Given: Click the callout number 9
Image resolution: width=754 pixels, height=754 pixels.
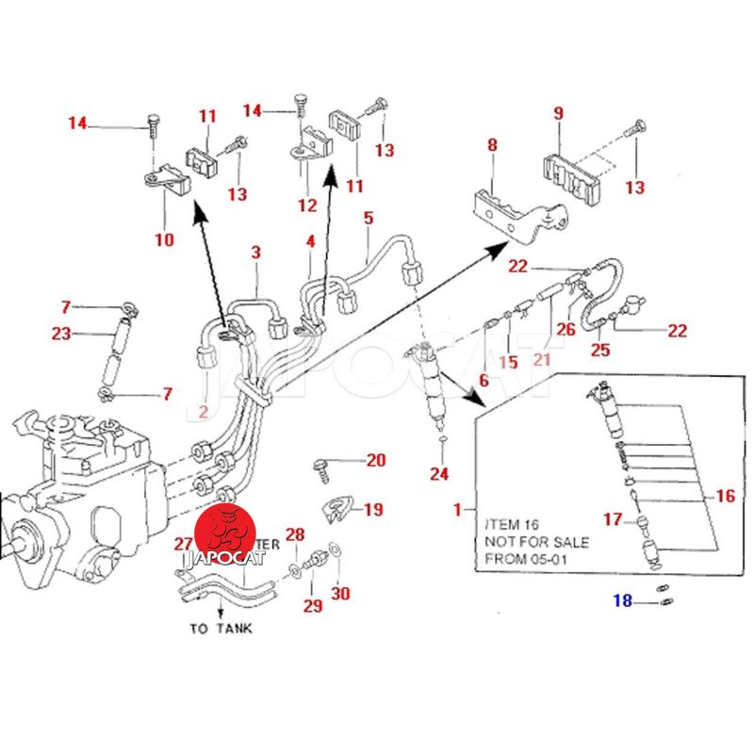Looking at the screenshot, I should pyautogui.click(x=558, y=113).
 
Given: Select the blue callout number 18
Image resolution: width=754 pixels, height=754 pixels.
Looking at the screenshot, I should pyautogui.click(x=623, y=601).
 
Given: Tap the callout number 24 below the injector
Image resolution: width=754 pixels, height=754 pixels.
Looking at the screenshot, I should pyautogui.click(x=439, y=473).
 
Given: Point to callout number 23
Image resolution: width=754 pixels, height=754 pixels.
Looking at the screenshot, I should pyautogui.click(x=61, y=333).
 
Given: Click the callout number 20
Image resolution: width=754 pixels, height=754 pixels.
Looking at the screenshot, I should pyautogui.click(x=376, y=461).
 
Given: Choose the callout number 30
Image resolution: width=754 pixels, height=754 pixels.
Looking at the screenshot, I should pyautogui.click(x=340, y=594).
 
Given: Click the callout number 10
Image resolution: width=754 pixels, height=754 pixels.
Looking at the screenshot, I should pyautogui.click(x=164, y=239).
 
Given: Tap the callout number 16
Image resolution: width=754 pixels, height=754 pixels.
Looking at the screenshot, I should pyautogui.click(x=725, y=496).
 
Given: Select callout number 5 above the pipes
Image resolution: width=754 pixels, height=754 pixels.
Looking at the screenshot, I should pyautogui.click(x=369, y=219).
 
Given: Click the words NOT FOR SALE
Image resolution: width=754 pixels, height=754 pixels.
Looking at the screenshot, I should pyautogui.click(x=536, y=542).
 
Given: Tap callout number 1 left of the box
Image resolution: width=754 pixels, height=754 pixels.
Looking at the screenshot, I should pyautogui.click(x=459, y=510).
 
